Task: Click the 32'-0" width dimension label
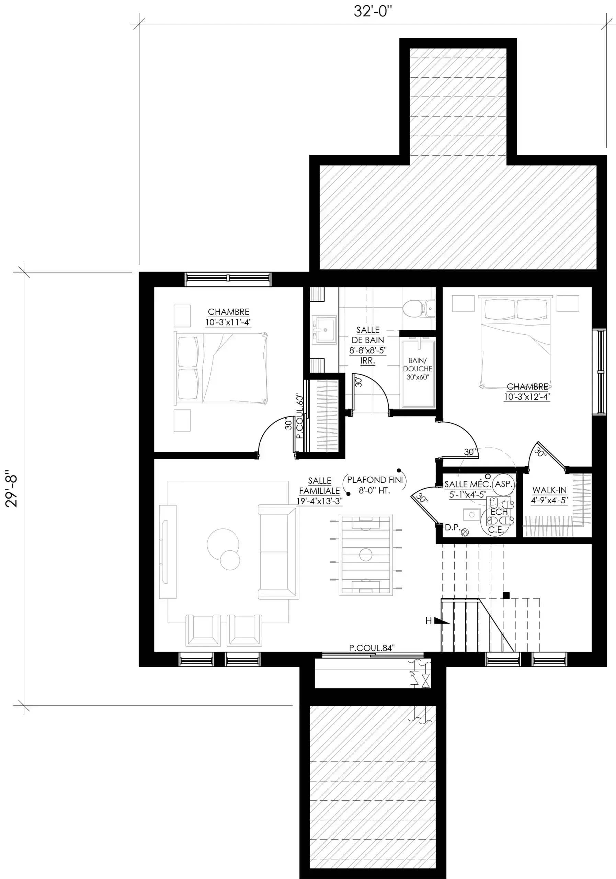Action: click(373, 11)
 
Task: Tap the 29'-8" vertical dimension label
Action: click(11, 491)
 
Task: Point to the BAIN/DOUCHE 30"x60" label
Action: click(418, 369)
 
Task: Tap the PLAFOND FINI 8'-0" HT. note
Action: click(375, 485)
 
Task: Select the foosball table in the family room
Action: click(366, 555)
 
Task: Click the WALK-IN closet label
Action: click(549, 490)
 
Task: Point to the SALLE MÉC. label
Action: click(467, 484)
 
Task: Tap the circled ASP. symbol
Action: click(503, 484)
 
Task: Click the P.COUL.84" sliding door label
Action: click(372, 648)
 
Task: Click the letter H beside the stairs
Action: click(429, 620)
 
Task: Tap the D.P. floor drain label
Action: click(453, 527)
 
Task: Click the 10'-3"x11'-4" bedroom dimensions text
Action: click(228, 322)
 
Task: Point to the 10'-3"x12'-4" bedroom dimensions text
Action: click(527, 397)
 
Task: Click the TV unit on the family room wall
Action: click(168, 552)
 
